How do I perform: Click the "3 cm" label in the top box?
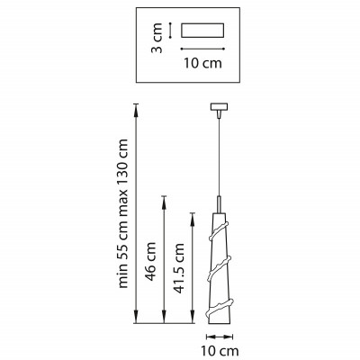(x=157, y=40)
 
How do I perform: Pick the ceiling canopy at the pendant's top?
(x=218, y=109)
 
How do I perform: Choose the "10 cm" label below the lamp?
(x=218, y=350)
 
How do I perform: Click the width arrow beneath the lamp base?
(x=218, y=335)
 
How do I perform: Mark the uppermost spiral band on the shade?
(x=219, y=236)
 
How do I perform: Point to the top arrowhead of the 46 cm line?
(x=163, y=197)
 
